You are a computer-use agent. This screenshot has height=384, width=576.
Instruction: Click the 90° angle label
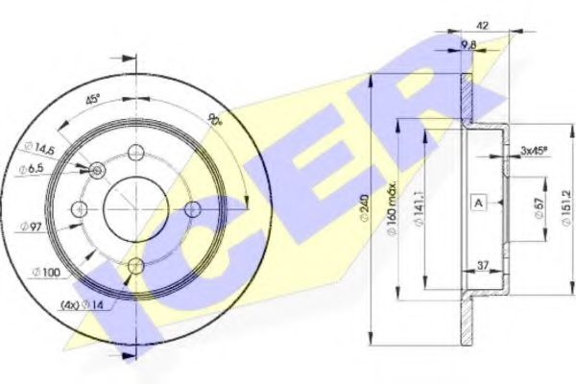pyautogui.click(x=214, y=120)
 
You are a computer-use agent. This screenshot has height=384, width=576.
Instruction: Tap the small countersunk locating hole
pyautogui.click(x=97, y=170)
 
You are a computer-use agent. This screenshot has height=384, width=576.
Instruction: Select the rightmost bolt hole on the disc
pyautogui.click(x=192, y=209)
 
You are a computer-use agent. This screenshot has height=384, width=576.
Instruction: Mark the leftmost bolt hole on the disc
pyautogui.click(x=81, y=209)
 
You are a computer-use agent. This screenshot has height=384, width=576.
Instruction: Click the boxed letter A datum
pyautogui.click(x=477, y=201)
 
